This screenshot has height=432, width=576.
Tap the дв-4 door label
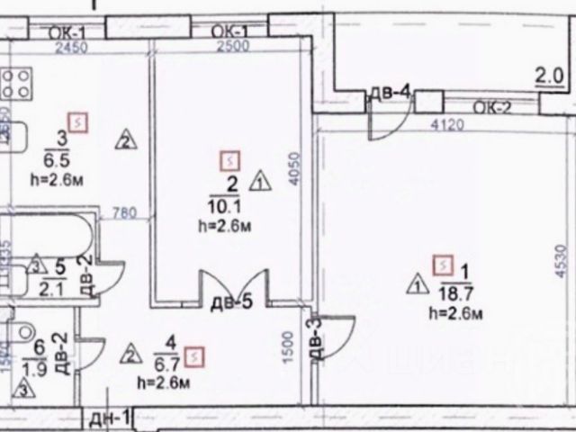pos(390,91)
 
